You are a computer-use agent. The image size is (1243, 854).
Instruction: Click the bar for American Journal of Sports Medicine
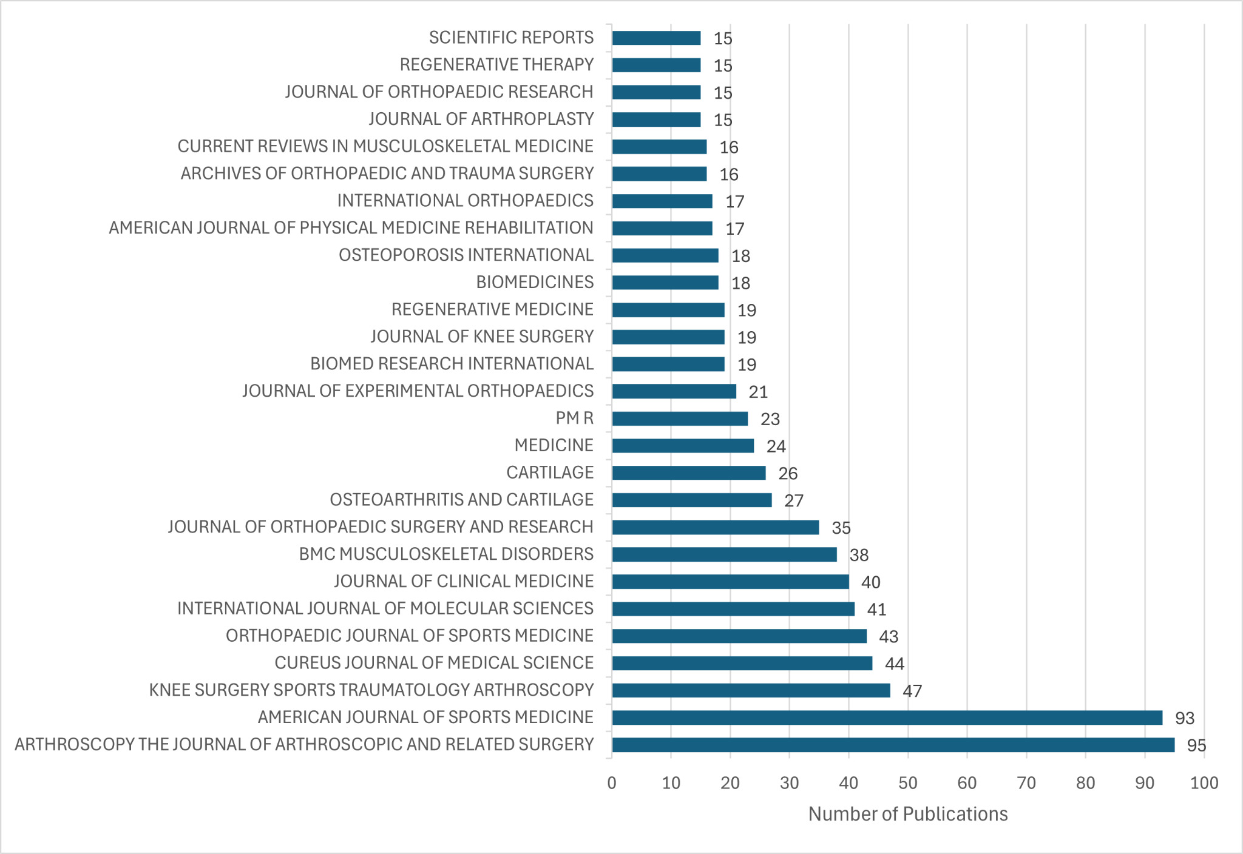887,718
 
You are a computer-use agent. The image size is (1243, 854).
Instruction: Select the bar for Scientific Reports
656,38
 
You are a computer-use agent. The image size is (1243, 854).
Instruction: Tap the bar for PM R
680,419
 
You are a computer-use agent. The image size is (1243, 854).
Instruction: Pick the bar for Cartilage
689,472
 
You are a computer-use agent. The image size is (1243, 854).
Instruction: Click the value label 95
1196,745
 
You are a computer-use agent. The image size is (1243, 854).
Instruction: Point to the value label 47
912,691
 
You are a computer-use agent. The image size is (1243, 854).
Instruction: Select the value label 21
758,392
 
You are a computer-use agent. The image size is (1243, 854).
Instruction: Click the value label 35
841,528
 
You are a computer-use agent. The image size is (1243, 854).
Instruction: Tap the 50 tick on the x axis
908,783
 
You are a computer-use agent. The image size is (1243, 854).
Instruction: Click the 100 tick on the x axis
1204,783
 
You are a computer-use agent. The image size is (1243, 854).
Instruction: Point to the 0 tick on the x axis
612,783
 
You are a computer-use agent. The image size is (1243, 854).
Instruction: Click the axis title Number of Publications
908,814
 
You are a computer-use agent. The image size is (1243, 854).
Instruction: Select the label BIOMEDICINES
535,282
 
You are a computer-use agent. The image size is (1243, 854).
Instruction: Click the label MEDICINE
554,445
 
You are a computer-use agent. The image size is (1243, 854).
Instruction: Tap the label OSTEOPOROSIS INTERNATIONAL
466,255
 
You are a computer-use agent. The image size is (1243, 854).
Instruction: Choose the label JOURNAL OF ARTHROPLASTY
481,119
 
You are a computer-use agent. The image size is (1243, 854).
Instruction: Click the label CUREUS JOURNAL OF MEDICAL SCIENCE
434,662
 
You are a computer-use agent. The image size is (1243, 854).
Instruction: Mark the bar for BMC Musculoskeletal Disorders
724,554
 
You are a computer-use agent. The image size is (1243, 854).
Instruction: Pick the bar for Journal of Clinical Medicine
730,582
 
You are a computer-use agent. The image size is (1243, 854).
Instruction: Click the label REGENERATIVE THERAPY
496,64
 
